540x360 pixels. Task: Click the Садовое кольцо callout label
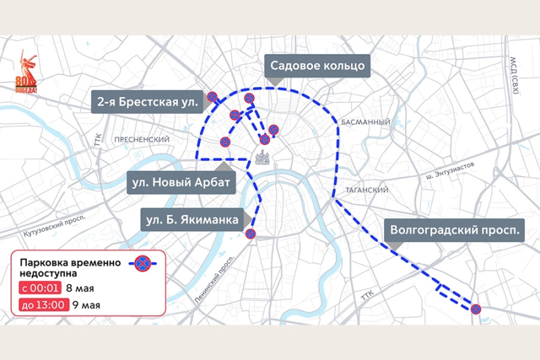[x=317, y=66]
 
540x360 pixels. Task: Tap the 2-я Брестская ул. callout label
[x=147, y=103]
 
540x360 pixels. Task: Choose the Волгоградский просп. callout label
[x=456, y=230]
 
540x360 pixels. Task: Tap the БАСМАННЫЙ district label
[x=366, y=122]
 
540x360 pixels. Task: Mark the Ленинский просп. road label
[x=217, y=277]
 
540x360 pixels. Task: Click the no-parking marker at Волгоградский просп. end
[x=475, y=309]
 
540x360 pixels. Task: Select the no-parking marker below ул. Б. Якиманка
[x=250, y=234]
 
